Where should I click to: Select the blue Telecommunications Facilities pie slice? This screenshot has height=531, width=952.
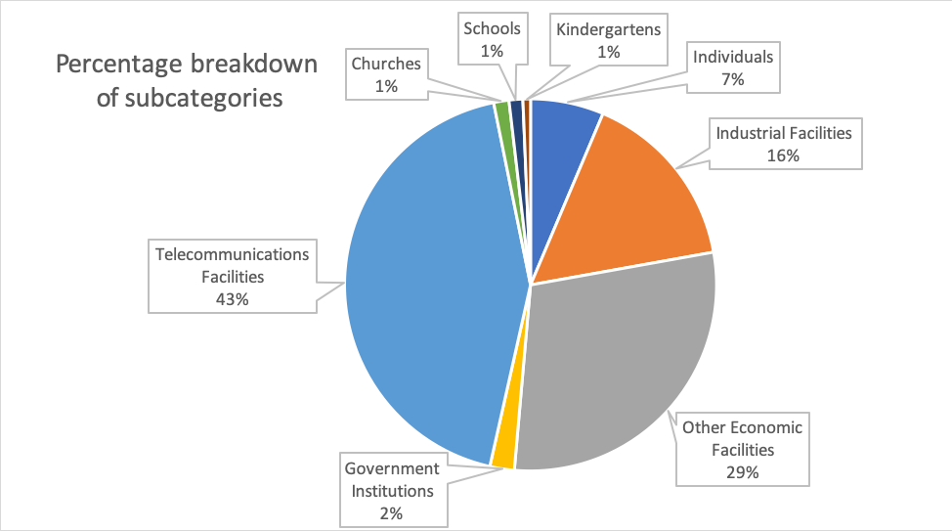pos(420,284)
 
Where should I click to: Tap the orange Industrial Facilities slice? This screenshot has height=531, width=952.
pos(635,196)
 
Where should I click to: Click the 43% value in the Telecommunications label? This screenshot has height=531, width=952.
pos(232,299)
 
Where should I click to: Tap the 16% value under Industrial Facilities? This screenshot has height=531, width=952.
pos(784,155)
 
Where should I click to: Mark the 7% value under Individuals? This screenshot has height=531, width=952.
pos(733,79)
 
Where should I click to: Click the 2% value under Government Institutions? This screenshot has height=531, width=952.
pos(391,511)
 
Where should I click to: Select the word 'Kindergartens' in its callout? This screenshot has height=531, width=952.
pos(608,29)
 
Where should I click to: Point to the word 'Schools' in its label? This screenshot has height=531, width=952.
pos(493,29)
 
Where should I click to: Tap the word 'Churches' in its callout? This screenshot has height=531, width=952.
pos(386,65)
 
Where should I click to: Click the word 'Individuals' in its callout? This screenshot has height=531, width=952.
pos(733,57)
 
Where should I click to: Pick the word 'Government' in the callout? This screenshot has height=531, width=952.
pos(391,467)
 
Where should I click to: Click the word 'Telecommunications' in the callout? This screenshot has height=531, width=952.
pos(232,254)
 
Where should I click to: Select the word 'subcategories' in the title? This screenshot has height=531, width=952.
pos(204,99)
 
